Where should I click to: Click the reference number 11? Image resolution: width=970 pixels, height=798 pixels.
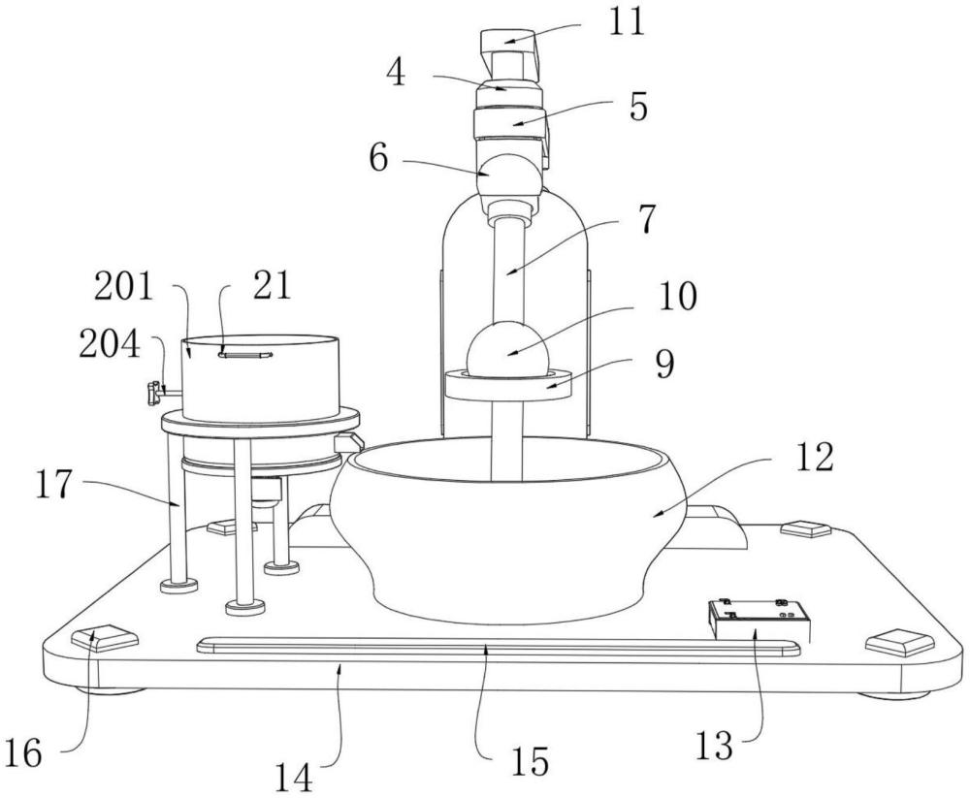[x=627, y=23]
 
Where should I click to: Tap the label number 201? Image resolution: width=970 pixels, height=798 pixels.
[x=123, y=287]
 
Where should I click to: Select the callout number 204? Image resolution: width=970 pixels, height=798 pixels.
[x=110, y=344]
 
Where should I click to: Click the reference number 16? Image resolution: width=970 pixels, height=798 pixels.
[x=22, y=752]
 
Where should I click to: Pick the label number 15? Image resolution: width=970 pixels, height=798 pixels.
[x=530, y=761]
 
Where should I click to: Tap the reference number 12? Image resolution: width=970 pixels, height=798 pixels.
[x=814, y=458]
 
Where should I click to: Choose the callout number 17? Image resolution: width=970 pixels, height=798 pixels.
[x=53, y=484]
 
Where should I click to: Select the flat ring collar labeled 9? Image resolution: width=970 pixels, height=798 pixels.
[x=508, y=385]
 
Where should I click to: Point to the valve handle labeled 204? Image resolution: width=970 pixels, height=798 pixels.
[x=153, y=394]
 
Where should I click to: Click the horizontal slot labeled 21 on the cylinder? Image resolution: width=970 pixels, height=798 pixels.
[x=245, y=355]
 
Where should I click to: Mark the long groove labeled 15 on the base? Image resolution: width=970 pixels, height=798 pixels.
[x=498, y=649]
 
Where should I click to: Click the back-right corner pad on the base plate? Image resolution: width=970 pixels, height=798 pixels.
[x=805, y=528]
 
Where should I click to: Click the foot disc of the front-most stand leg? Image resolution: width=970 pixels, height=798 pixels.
[x=245, y=607]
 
